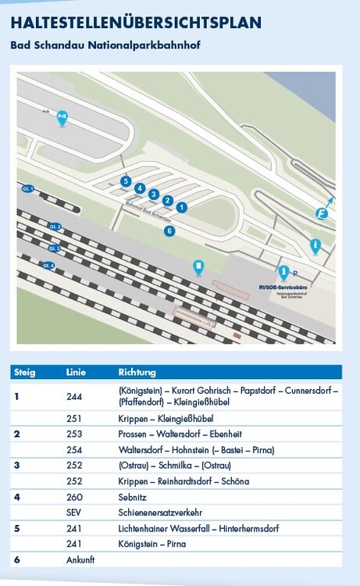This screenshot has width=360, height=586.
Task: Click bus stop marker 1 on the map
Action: coord(181,207)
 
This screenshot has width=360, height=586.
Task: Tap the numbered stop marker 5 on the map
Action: coord(126,181)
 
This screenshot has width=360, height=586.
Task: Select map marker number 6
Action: coord(169,230)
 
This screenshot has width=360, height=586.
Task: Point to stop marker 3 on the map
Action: coord(154,194)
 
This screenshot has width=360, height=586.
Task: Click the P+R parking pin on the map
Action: coord(62,117)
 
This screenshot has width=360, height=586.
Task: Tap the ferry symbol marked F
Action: coord(321,213)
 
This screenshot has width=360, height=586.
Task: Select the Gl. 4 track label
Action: coord(48,266)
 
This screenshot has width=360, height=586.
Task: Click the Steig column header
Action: coord(25,372)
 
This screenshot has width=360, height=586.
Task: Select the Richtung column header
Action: coord(137,372)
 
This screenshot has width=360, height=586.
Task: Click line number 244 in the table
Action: coord(74,396)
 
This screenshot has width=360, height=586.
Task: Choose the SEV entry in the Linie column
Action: coord(74,512)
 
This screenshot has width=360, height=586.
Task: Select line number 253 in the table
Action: coord(74,434)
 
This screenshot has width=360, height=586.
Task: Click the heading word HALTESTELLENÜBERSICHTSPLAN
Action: coord(136,23)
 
